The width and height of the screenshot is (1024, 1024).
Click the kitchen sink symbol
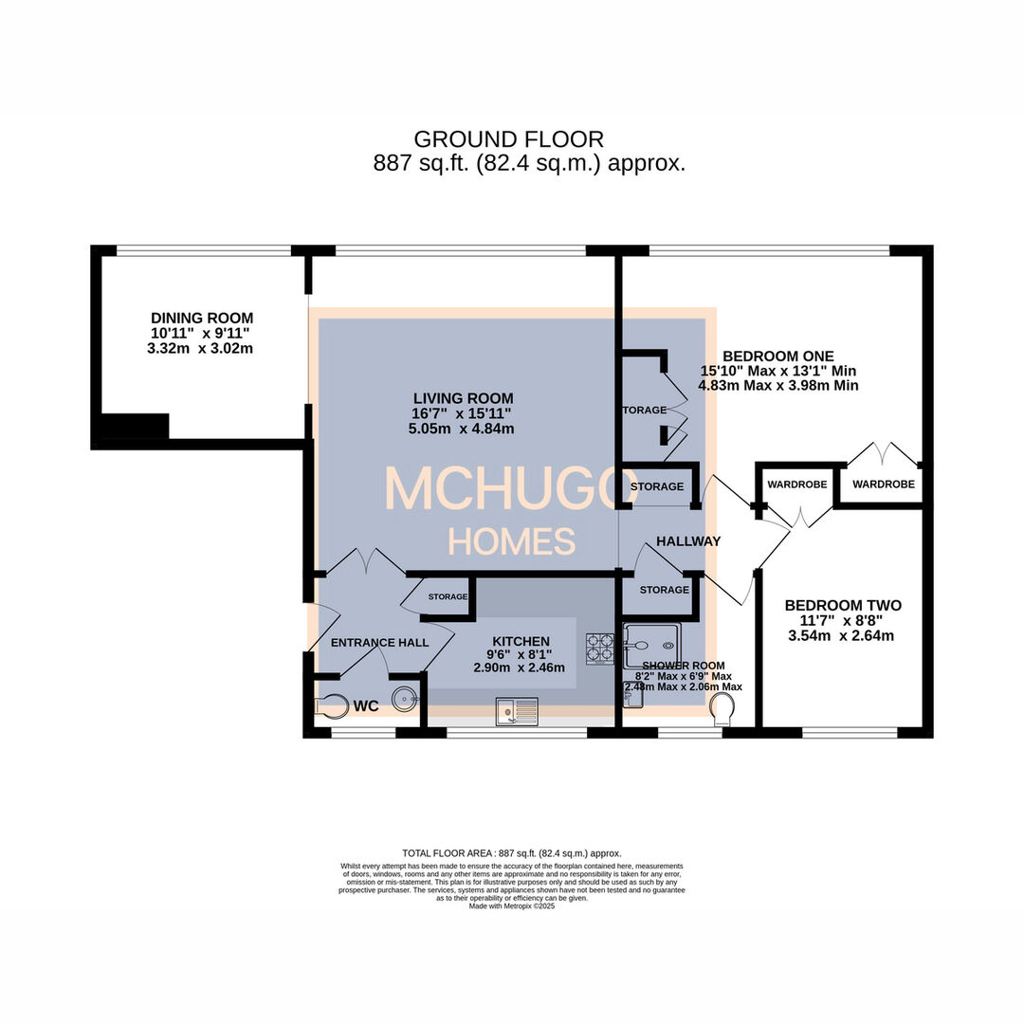[516, 710]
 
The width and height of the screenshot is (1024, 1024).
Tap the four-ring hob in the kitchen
[600, 647]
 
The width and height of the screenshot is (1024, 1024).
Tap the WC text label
[366, 706]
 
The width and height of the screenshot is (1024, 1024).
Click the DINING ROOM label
[202, 318]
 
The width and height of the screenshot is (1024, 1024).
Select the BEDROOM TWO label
[843, 606]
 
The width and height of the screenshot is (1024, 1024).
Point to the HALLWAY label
[688, 541]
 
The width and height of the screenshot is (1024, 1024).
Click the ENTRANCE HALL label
[379, 643]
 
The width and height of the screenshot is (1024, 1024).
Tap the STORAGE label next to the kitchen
[448, 597]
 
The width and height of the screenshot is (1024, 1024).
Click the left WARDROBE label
[796, 485]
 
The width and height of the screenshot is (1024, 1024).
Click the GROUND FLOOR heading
[508, 140]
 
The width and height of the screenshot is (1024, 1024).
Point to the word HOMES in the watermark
[512, 541]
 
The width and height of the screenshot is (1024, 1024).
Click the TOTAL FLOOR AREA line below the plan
[512, 853]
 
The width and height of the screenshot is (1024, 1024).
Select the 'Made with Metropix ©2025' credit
[512, 905]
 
